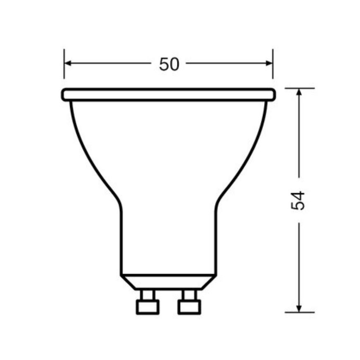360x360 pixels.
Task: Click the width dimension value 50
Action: [169, 64]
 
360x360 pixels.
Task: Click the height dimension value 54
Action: [298, 200]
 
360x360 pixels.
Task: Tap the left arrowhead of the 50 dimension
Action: [69, 63]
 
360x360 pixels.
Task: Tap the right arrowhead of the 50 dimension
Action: [268, 63]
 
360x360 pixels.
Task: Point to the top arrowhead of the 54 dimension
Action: [299, 92]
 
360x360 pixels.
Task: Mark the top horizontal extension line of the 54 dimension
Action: [299, 88]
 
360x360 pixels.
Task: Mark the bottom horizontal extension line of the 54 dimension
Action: [299, 312]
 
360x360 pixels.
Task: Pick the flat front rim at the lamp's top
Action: [168, 95]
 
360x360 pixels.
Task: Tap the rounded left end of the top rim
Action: [63, 95]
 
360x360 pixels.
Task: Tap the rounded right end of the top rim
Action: [273, 95]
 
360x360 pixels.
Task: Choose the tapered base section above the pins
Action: [168, 282]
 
